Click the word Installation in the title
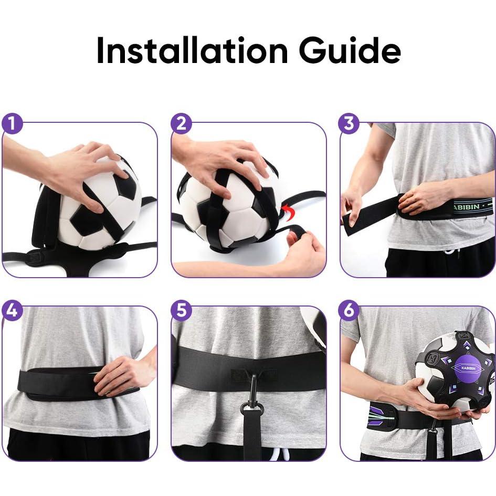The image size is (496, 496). (x=193, y=51)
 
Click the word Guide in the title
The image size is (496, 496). (x=350, y=51)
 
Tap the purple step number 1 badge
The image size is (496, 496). (x=13, y=124)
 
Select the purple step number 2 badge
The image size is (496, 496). (x=182, y=124)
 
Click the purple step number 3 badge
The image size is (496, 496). (x=350, y=124)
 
